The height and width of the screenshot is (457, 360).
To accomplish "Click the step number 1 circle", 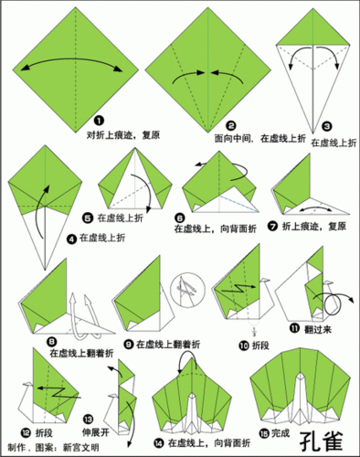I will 98,120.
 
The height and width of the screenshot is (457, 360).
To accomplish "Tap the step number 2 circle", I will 231,125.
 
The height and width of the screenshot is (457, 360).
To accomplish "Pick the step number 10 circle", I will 243,345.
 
